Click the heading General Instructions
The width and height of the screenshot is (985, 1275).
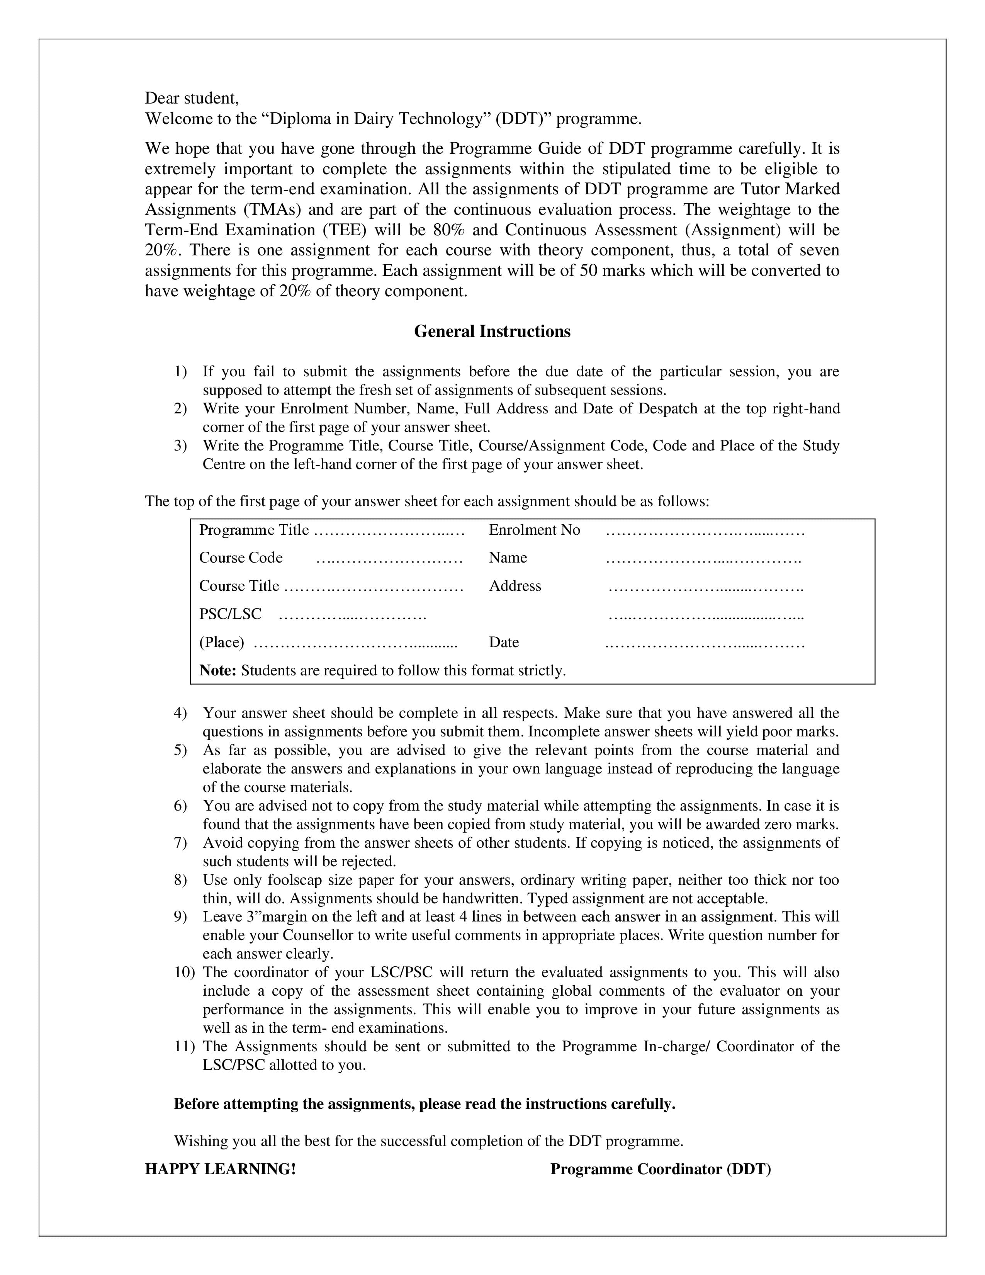[x=492, y=331]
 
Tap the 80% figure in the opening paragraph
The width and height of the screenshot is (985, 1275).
[x=449, y=230]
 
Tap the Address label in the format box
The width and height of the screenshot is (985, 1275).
[x=515, y=586]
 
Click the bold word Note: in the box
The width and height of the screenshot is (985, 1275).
[x=217, y=670]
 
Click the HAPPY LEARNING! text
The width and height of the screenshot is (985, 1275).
[x=220, y=1170]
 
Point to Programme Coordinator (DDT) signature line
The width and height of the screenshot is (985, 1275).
[x=660, y=1170]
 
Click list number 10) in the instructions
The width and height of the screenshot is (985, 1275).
[x=184, y=972]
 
